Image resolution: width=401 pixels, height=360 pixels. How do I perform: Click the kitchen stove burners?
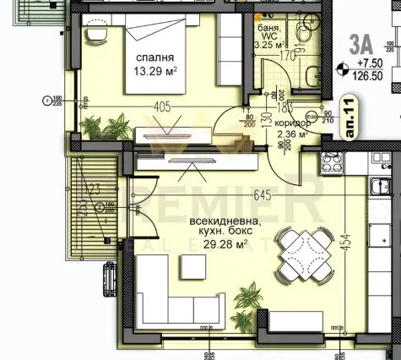point(331,161)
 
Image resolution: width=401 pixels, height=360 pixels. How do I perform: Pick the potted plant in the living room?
point(250,297)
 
